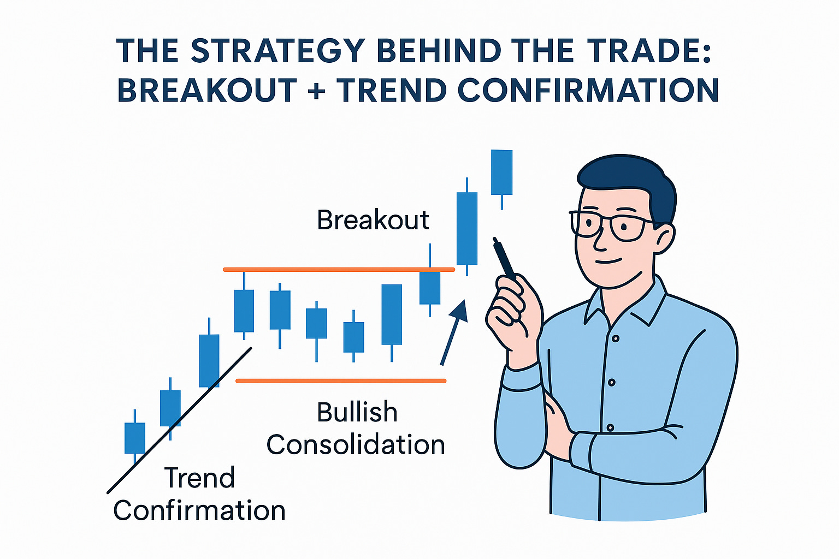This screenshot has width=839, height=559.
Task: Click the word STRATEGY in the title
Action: [278, 50]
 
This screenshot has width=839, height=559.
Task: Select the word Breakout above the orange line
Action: [373, 220]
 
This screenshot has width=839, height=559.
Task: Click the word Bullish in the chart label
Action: [357, 412]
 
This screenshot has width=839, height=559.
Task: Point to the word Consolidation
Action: [356, 444]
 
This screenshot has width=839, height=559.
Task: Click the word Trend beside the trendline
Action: [199, 477]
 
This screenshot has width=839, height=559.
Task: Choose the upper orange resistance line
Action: [339, 269]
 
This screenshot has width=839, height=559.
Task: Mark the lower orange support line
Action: [341, 381]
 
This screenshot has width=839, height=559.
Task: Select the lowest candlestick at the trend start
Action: [134, 437]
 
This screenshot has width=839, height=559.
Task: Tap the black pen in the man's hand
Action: [504, 258]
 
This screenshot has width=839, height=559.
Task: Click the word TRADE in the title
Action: [633, 50]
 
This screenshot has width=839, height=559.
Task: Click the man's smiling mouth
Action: [608, 260]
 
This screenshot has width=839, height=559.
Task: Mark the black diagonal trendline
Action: [179, 420]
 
